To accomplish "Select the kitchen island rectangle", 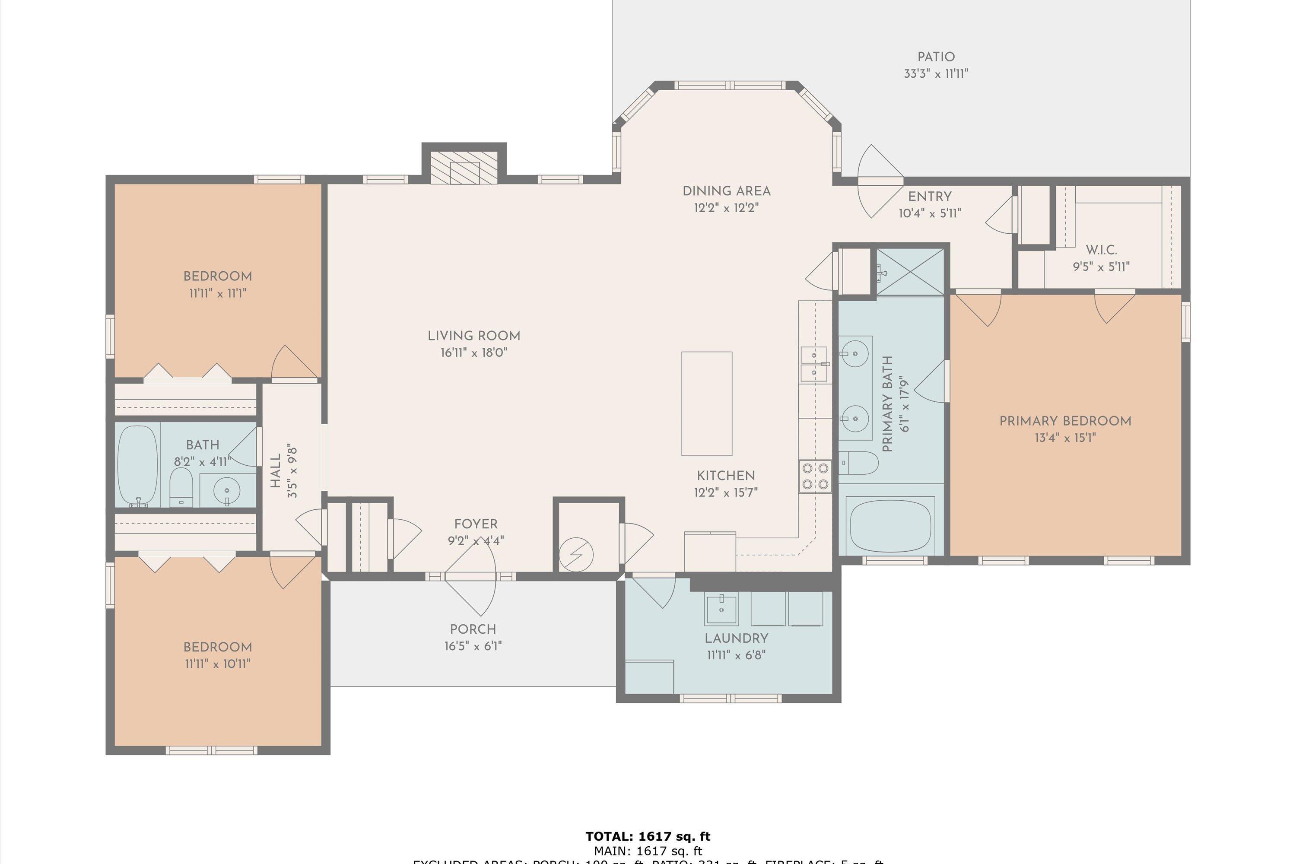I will coord(706,404).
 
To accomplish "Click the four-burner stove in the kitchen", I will coord(815,476).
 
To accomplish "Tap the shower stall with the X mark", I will coord(910,272).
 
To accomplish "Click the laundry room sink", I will coord(721,610).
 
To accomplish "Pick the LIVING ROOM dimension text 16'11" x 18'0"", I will coord(473,353).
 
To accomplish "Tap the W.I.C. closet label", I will coord(1101,250).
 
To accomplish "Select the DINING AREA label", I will coord(726,191).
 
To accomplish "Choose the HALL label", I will coord(276,471).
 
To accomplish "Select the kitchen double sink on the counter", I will coord(814,364).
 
